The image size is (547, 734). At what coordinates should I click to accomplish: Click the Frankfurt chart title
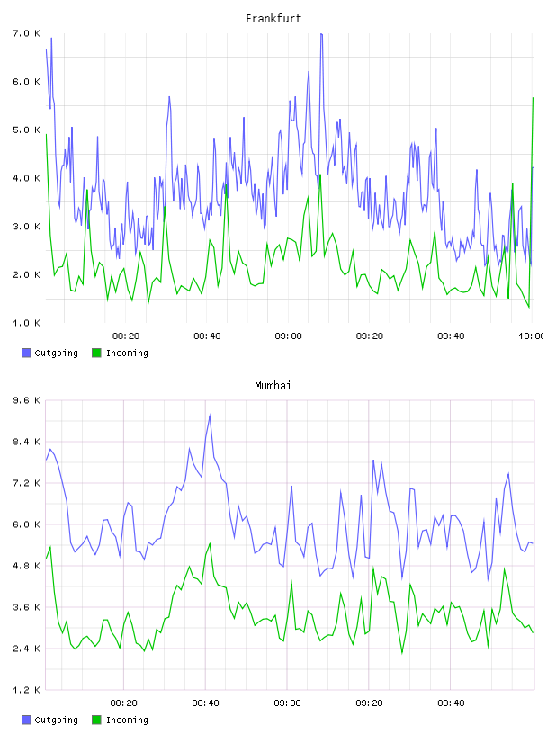coord(273,19)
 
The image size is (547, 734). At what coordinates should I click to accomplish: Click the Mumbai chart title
coord(273,386)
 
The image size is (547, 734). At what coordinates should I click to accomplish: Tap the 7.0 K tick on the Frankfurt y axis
coord(27,33)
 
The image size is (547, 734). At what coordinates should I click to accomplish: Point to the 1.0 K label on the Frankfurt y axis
coord(27,323)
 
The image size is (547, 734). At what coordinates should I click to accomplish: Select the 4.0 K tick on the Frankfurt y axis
coord(27,178)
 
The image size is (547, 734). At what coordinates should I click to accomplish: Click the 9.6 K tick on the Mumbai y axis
coord(27,400)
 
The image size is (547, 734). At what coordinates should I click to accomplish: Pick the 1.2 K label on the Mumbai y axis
coord(27,690)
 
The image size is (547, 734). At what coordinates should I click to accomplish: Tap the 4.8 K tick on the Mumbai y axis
coord(27,566)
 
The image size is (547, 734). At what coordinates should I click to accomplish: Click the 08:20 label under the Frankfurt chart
coord(126,336)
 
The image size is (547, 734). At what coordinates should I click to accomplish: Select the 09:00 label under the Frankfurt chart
coord(289,336)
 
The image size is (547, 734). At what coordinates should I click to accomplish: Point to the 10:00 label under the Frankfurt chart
coord(532,336)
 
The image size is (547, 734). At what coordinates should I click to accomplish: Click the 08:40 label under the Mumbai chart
coord(206,703)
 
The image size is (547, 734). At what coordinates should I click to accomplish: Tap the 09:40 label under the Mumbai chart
coord(451,703)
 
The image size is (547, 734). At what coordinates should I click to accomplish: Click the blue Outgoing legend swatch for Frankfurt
coord(26,353)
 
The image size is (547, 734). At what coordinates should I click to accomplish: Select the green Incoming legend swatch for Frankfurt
coord(96,353)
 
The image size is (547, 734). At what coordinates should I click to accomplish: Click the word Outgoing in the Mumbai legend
coord(56,720)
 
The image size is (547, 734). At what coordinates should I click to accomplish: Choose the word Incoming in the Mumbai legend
coord(127,720)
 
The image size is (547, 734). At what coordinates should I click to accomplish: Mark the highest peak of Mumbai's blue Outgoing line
coord(210,415)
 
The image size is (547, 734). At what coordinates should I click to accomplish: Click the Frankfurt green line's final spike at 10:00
coord(533,98)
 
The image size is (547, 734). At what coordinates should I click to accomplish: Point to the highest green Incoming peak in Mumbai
coord(210,543)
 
